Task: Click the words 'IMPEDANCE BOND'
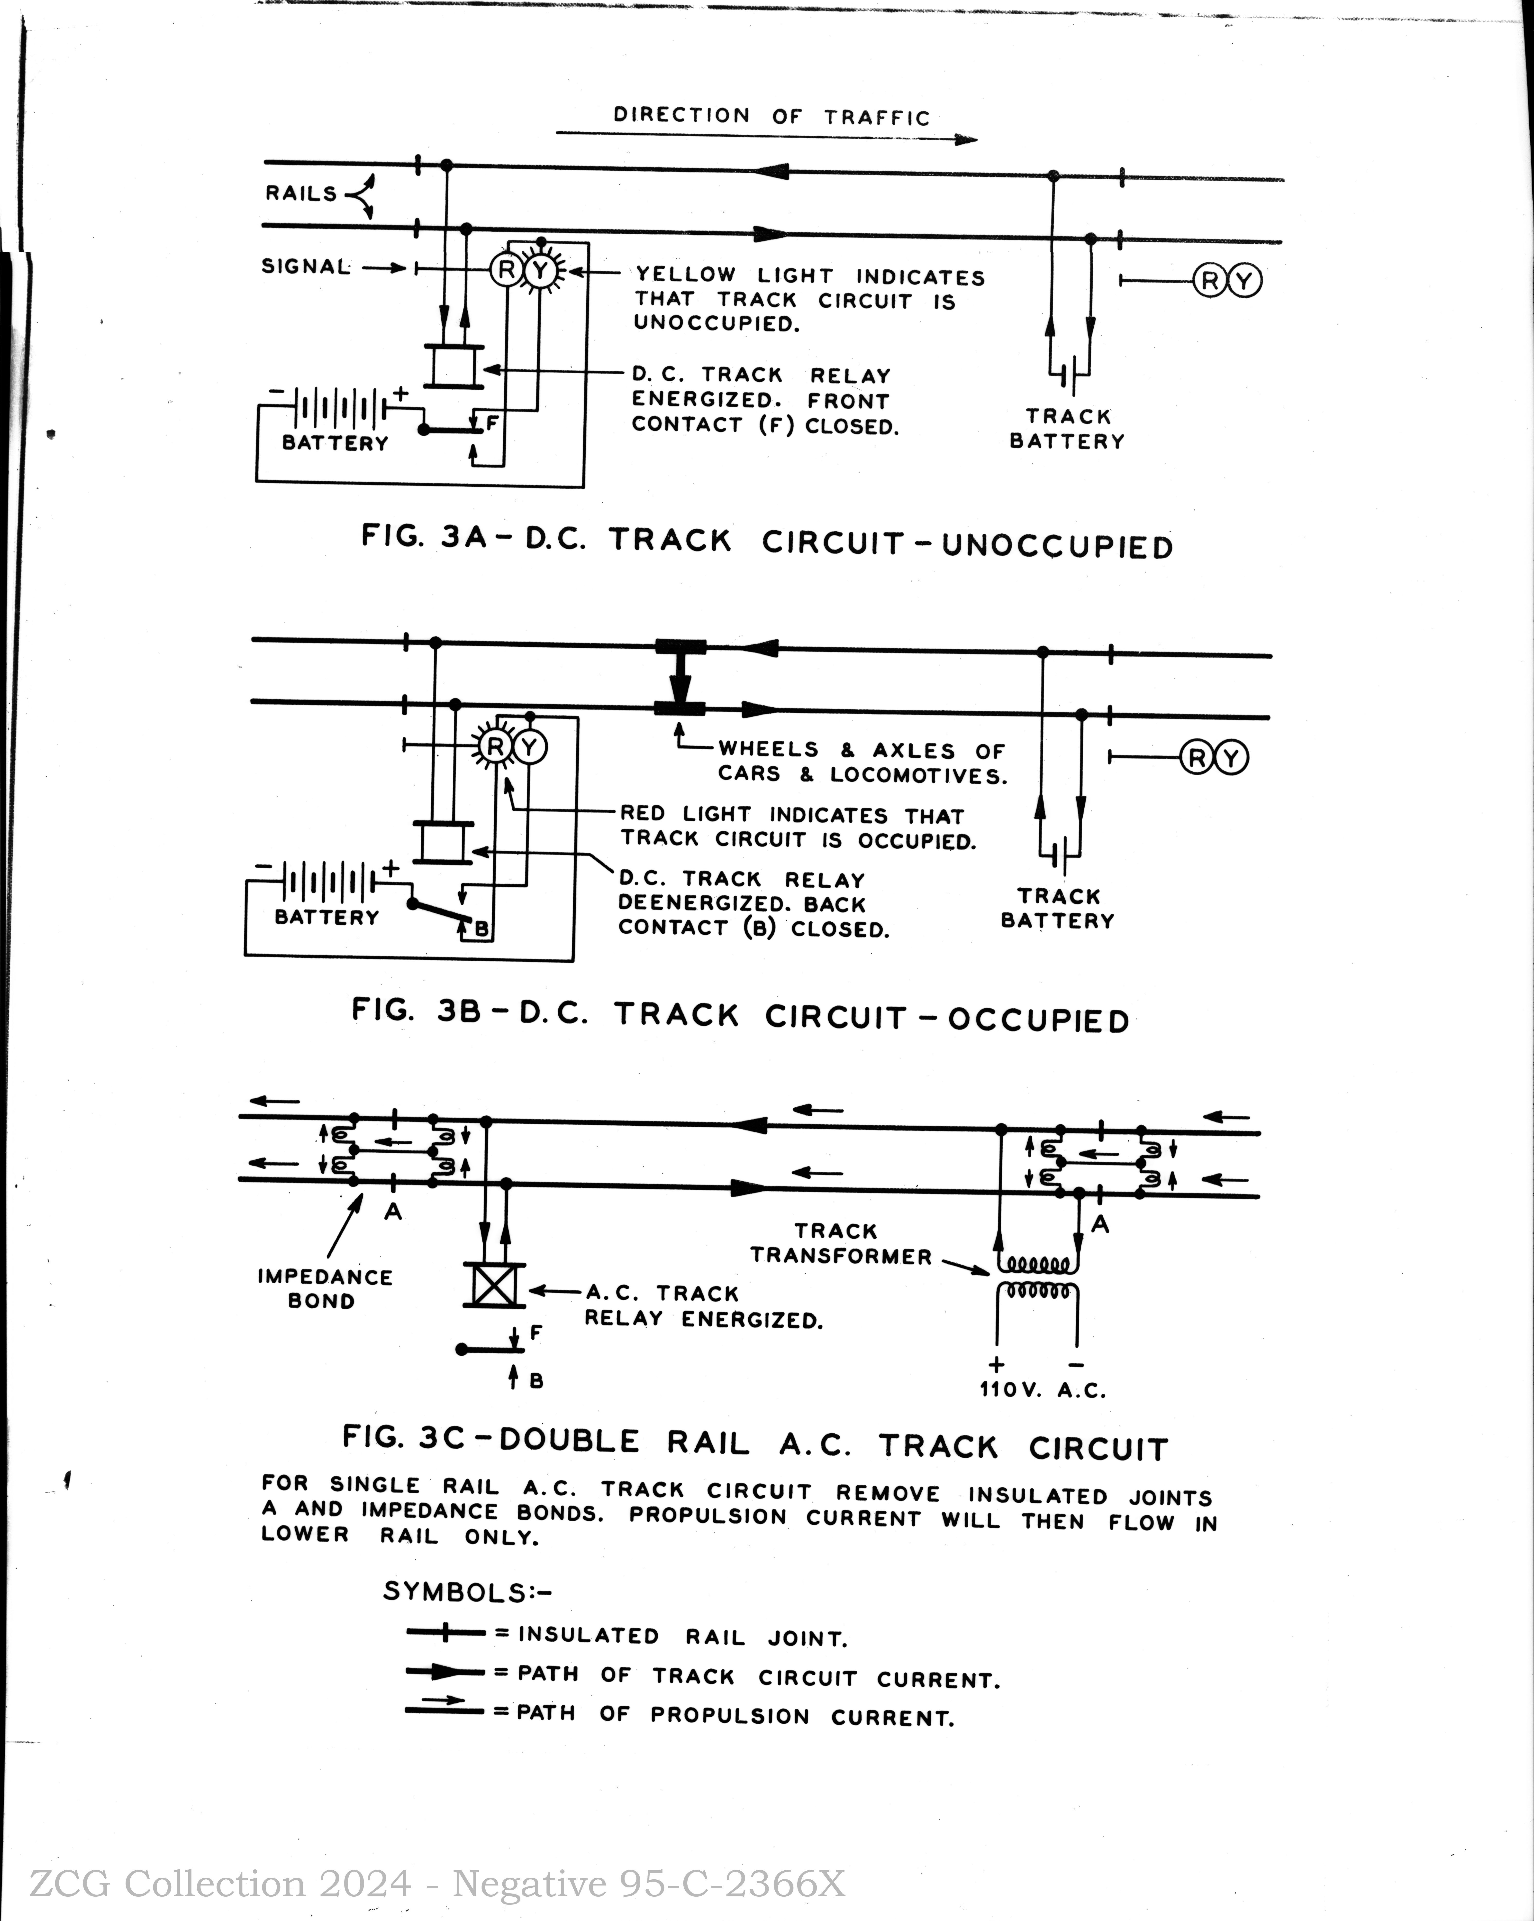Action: click(324, 1288)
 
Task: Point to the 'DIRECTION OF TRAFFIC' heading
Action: click(772, 116)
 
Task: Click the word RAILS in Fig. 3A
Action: click(301, 193)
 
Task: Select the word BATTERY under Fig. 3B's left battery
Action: click(327, 917)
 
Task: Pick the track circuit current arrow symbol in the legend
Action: click(445, 1672)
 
